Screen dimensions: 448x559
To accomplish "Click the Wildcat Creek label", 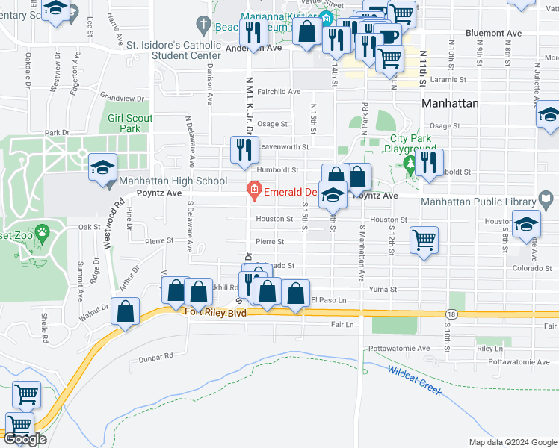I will (x=414, y=380).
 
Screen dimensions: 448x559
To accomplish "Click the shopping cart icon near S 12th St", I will (x=424, y=240).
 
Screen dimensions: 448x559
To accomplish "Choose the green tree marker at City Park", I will (x=409, y=163).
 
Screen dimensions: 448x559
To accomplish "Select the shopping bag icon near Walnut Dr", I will (x=126, y=311).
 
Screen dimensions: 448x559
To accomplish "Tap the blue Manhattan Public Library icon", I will (x=546, y=200).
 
